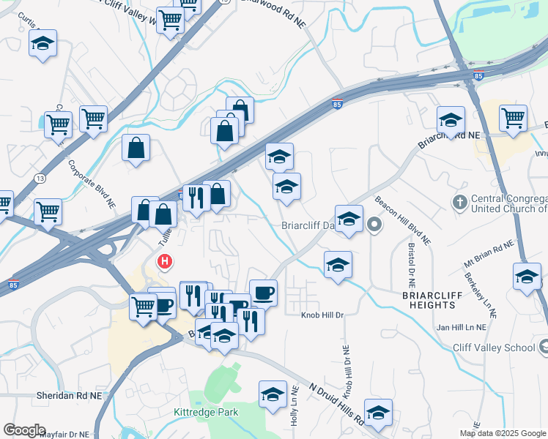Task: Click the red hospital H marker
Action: pos(166,260)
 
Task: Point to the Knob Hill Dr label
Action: pos(322,315)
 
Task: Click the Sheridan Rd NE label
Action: pos(68,395)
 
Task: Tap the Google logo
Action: pos(24,430)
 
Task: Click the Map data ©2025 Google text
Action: pos(503,434)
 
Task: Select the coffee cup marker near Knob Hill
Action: pos(264,293)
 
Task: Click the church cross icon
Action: pos(460,201)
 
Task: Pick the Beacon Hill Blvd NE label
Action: pos(402,219)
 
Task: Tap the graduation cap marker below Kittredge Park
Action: pos(273,394)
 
